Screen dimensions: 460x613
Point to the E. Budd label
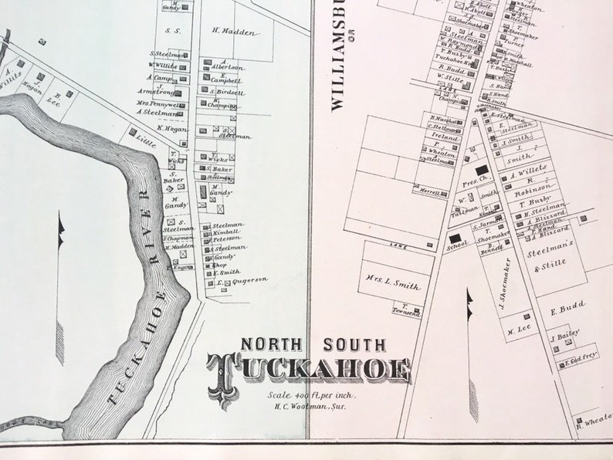click(x=561, y=306)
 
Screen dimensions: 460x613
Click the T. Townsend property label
click(x=405, y=310)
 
